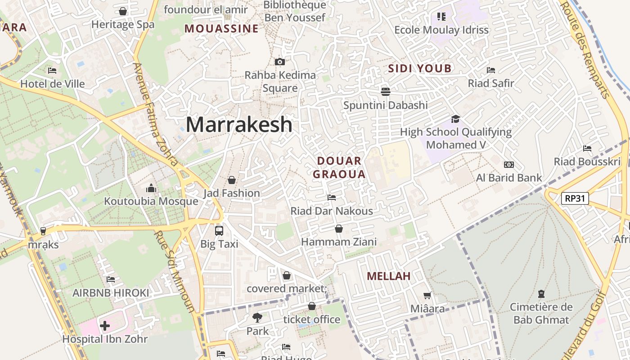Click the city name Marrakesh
[x=239, y=124]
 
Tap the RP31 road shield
[x=575, y=198]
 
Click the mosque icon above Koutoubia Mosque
[x=151, y=188]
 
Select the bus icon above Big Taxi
[x=219, y=230]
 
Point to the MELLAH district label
[x=389, y=276]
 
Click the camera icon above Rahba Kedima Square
[x=280, y=62]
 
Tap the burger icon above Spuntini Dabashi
[x=385, y=92]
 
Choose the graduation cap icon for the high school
[x=455, y=119]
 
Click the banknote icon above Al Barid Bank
[x=509, y=165]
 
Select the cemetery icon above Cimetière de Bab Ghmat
[x=541, y=294]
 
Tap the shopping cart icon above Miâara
[x=427, y=296]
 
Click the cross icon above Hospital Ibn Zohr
[x=105, y=325]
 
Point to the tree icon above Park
[x=257, y=318]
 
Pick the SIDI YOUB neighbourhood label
[x=419, y=68]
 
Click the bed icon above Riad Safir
[x=491, y=70]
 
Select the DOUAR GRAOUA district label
[x=339, y=167]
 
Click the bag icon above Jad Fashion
[x=232, y=180]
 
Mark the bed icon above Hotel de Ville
[x=52, y=71]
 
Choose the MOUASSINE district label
[x=221, y=29]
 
